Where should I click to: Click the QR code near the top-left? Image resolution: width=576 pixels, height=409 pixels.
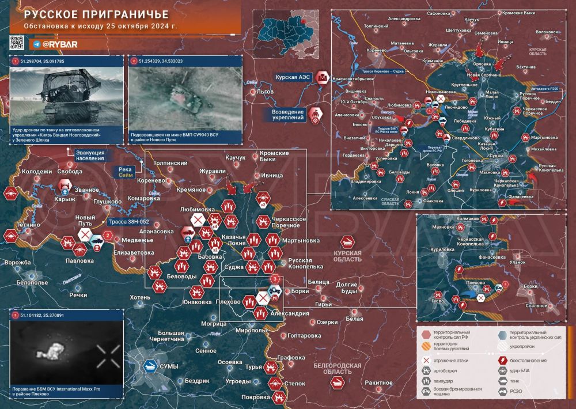[x=17, y=42]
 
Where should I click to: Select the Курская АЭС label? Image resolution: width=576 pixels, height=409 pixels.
[x=294, y=77]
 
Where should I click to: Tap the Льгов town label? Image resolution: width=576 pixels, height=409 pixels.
[x=265, y=92]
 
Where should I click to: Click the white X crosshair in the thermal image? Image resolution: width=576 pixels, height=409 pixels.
[x=107, y=355]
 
